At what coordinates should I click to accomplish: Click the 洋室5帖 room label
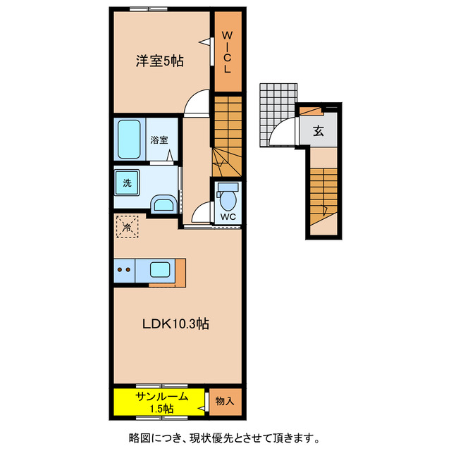point(159,61)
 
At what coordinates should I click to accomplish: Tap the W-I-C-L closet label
point(227,53)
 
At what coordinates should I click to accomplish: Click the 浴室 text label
point(159,140)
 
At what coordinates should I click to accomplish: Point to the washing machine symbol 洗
point(128,183)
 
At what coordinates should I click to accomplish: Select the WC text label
point(227,216)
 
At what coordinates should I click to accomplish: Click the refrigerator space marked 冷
point(127,227)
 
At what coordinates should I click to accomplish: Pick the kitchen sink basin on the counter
point(160,270)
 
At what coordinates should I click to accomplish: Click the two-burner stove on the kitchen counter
point(125,270)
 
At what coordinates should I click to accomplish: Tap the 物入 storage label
point(224,401)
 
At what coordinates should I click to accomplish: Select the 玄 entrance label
point(319,131)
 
